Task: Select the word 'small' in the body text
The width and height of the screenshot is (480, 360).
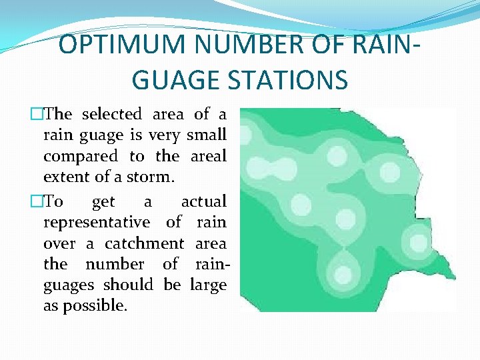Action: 207,135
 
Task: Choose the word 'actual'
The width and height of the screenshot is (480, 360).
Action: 203,201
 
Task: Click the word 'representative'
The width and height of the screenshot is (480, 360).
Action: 97,223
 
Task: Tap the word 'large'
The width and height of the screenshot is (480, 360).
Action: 208,285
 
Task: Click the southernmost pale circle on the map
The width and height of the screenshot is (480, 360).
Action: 343,274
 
